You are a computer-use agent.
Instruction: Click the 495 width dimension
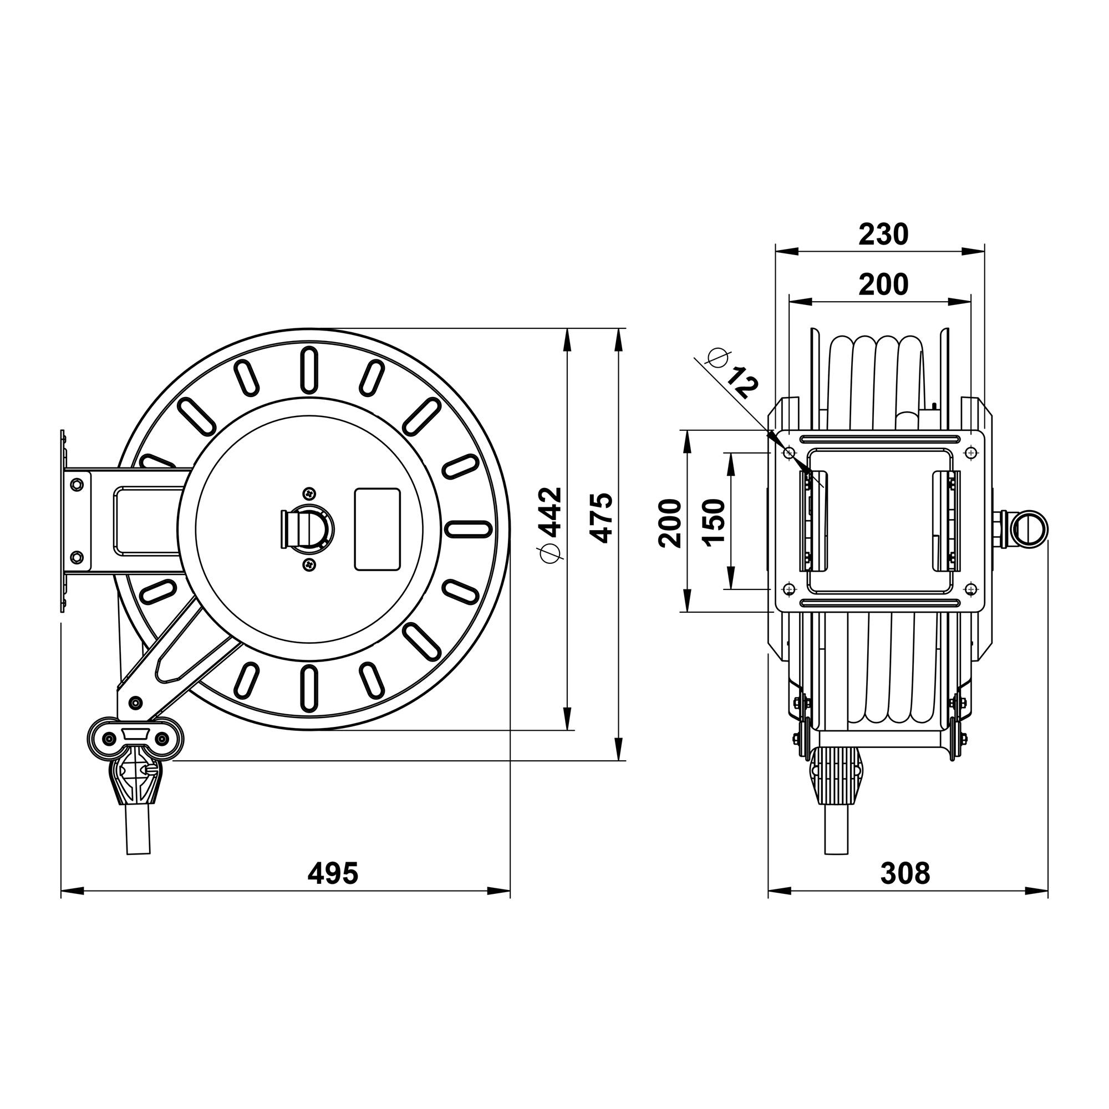tap(332, 873)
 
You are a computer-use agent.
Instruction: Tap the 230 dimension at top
tap(883, 234)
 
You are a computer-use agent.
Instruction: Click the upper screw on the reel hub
tap(309, 492)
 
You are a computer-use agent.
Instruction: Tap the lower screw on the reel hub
tap(309, 565)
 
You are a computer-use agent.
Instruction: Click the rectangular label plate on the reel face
tap(377, 529)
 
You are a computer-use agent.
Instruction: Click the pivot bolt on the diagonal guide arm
tap(135, 701)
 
